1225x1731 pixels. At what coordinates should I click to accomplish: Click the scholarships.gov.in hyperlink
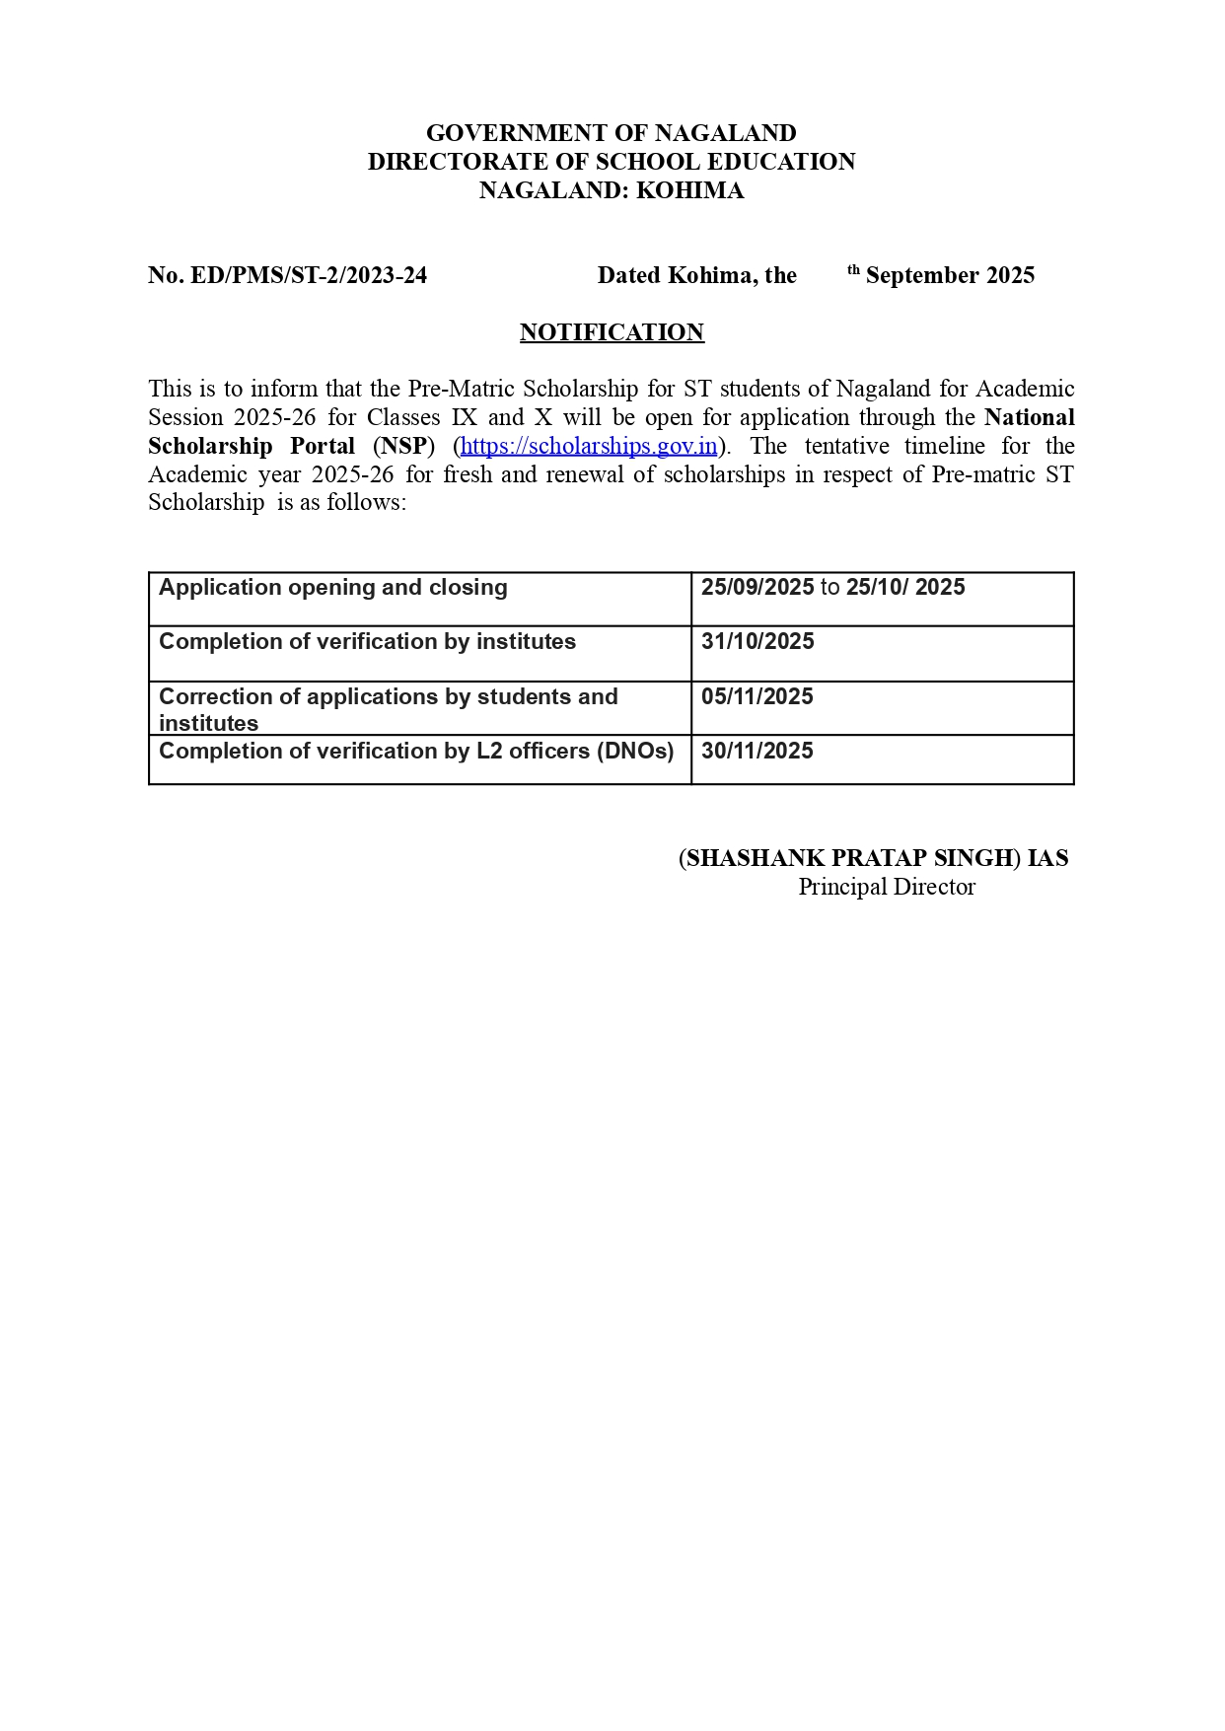[x=589, y=446]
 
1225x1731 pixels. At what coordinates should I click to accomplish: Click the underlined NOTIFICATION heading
[x=612, y=332]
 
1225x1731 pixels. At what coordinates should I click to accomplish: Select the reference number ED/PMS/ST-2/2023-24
[x=308, y=275]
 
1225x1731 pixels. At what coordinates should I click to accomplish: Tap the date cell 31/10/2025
[x=757, y=642]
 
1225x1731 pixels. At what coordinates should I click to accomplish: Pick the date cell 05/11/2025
[x=757, y=697]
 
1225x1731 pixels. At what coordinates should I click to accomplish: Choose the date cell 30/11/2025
[x=757, y=752]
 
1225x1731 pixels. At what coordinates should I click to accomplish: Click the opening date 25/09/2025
[x=757, y=588]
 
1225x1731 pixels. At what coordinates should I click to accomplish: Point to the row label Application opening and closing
[x=333, y=588]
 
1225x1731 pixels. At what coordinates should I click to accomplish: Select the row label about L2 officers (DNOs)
[x=416, y=752]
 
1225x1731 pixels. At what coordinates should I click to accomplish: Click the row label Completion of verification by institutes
[x=367, y=642]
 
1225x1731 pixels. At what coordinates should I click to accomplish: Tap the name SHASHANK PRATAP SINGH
[x=849, y=858]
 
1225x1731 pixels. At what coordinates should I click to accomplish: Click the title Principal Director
[x=887, y=887]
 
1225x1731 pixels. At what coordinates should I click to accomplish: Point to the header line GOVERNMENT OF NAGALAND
[x=612, y=133]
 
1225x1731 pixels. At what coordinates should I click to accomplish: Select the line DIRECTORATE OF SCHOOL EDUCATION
[x=612, y=162]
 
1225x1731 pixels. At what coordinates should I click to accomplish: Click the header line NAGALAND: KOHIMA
[x=612, y=190]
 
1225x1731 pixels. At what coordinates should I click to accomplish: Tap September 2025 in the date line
[x=950, y=275]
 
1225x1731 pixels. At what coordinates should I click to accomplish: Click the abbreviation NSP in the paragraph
[x=403, y=446]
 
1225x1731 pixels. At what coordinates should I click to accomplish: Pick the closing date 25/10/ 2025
[x=905, y=588]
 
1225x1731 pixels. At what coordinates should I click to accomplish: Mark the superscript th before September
[x=854, y=269]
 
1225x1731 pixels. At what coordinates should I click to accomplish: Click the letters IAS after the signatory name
[x=1047, y=858]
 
